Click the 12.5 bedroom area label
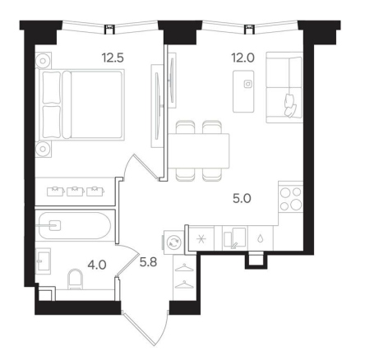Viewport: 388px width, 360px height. tap(113, 58)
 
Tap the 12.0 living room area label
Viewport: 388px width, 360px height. tap(243, 58)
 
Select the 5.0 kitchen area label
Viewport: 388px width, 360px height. tap(242, 199)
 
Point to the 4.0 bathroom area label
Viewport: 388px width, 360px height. tap(97, 265)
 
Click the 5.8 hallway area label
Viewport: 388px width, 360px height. tap(148, 262)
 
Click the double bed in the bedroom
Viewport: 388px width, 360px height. tap(82, 105)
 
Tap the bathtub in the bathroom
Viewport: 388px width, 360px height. tap(75, 226)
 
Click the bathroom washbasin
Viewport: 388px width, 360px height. tap(44, 261)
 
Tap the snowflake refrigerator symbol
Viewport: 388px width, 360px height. tap(201, 239)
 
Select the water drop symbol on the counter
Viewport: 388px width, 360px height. tap(261, 239)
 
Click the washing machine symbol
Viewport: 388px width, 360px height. tap(173, 242)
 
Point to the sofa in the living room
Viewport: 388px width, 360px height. tap(284, 87)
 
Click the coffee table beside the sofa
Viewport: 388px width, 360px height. tap(243, 91)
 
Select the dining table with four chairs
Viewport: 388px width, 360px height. tap(198, 150)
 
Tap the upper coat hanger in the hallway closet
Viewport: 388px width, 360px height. tap(184, 268)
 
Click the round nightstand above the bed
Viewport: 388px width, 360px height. tap(43, 61)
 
